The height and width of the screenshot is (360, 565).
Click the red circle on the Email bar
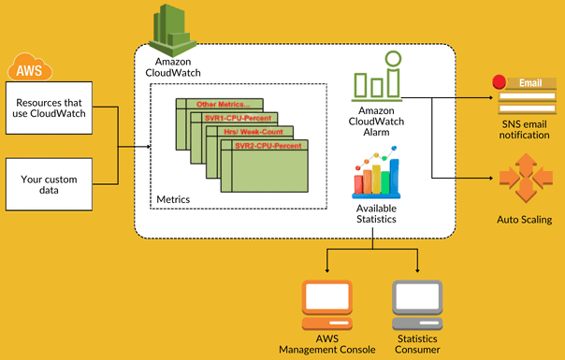pyautogui.click(x=500, y=81)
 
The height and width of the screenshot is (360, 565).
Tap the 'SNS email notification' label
pyautogui.click(x=523, y=129)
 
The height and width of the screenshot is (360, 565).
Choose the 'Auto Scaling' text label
pyautogui.click(x=523, y=220)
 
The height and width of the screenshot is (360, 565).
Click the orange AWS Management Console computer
pyautogui.click(x=326, y=305)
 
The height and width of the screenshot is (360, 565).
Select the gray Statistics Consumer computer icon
pyautogui.click(x=416, y=305)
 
